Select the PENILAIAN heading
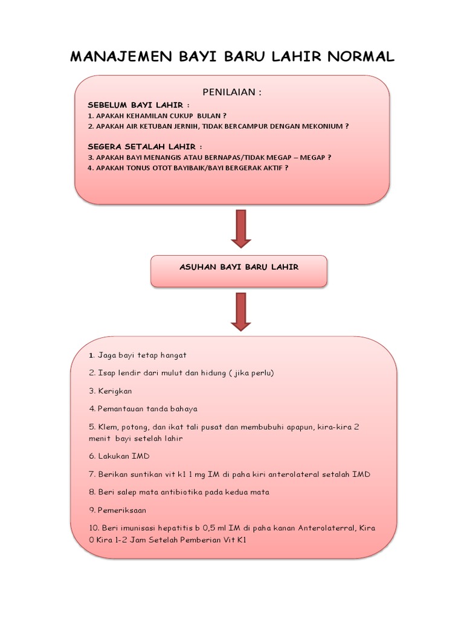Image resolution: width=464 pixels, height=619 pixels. (x=232, y=92)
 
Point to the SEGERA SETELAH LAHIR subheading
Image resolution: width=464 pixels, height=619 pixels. (x=144, y=146)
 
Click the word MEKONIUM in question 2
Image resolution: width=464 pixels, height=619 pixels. (x=323, y=126)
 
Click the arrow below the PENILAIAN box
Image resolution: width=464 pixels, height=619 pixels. (x=240, y=228)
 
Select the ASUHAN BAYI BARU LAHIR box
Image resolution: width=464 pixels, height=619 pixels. (x=239, y=267)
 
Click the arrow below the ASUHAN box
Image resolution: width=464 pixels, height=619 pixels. (x=240, y=311)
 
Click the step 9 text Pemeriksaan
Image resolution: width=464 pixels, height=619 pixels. (x=121, y=510)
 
